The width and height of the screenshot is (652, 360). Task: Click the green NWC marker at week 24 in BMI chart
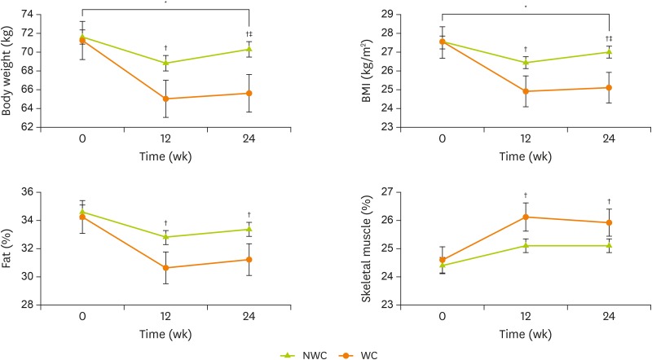coord(609,52)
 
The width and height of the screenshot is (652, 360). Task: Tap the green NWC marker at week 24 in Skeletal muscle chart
coord(609,245)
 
